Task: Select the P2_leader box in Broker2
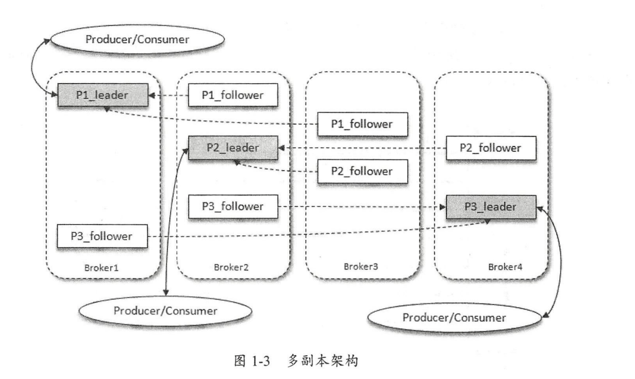[233, 147]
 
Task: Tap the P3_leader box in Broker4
[491, 206]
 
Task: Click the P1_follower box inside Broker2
[233, 95]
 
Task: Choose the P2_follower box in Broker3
[362, 172]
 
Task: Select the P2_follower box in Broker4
[491, 147]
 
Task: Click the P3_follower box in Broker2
[233, 206]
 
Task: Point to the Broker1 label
[103, 267]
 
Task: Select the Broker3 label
[361, 267]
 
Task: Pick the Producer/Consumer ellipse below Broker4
[454, 317]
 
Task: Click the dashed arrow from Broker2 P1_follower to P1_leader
[169, 96]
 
